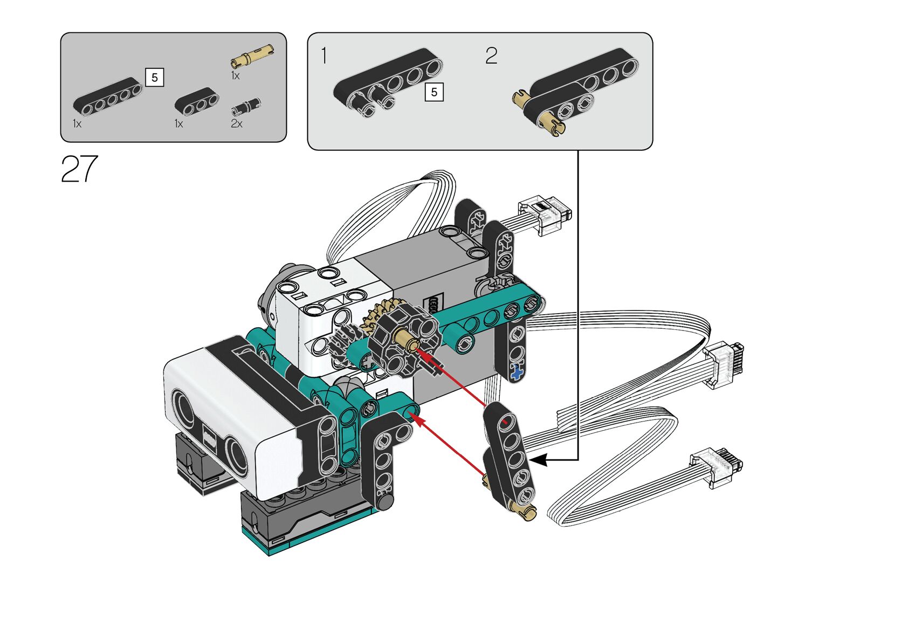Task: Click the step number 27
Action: (x=79, y=169)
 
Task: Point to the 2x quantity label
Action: (x=236, y=123)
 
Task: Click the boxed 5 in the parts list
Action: (x=154, y=78)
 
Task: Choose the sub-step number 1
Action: (x=324, y=56)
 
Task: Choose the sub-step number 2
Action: (x=491, y=56)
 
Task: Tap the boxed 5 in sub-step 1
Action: (x=434, y=92)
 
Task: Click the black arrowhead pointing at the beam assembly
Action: (x=539, y=460)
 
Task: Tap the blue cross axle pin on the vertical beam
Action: (x=517, y=372)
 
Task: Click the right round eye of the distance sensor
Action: (x=236, y=455)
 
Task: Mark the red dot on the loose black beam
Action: (x=505, y=422)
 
